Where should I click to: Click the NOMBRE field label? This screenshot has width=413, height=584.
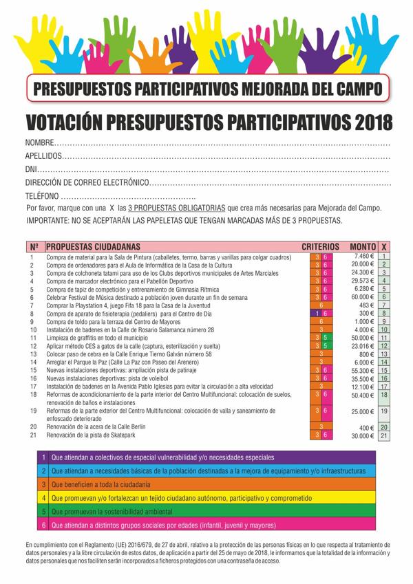(39, 142)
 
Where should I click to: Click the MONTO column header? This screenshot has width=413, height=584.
(362, 246)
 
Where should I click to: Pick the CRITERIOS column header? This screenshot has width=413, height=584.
(321, 246)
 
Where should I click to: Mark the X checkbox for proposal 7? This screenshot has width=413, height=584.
(384, 305)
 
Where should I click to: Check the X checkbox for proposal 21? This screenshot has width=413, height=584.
(384, 435)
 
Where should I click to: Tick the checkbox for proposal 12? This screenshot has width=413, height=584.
(384, 346)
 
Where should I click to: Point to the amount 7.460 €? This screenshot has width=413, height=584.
(363, 256)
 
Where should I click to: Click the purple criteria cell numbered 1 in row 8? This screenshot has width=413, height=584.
(317, 313)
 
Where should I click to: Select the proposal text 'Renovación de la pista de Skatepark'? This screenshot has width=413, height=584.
(98, 435)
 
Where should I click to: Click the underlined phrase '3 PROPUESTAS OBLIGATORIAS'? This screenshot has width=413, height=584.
(176, 208)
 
